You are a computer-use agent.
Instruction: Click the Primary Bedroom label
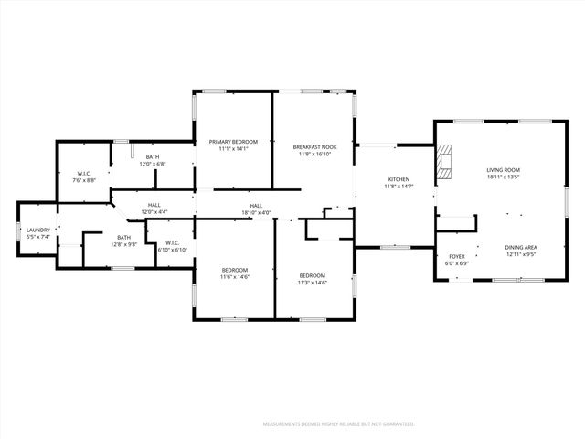coord(233,142)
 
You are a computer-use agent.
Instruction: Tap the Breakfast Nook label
coord(314,147)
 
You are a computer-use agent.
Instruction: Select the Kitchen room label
coord(399,179)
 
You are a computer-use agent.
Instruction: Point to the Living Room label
coord(503,170)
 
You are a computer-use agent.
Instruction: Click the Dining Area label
coord(520,247)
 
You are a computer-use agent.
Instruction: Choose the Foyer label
coord(457,257)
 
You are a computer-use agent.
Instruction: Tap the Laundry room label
coord(37,230)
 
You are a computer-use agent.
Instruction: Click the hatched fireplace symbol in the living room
coord(444,162)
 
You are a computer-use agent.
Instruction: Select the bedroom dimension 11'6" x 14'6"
coord(235,277)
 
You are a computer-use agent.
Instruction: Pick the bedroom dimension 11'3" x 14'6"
coord(313,283)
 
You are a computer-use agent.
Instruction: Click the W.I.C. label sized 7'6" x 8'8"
coord(84,181)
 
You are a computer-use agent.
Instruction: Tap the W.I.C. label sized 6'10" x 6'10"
coord(172,250)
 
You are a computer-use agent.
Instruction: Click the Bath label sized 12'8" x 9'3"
coord(123,244)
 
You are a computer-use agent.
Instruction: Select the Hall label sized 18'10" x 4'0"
coord(256,212)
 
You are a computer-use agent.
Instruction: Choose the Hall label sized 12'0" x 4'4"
coord(154,212)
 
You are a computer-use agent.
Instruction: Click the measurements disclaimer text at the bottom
coord(338,424)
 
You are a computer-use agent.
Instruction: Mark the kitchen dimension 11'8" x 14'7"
coord(399,187)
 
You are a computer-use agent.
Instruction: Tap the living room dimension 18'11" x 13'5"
coord(503,177)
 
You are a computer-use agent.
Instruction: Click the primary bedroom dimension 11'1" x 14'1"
coord(233,149)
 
